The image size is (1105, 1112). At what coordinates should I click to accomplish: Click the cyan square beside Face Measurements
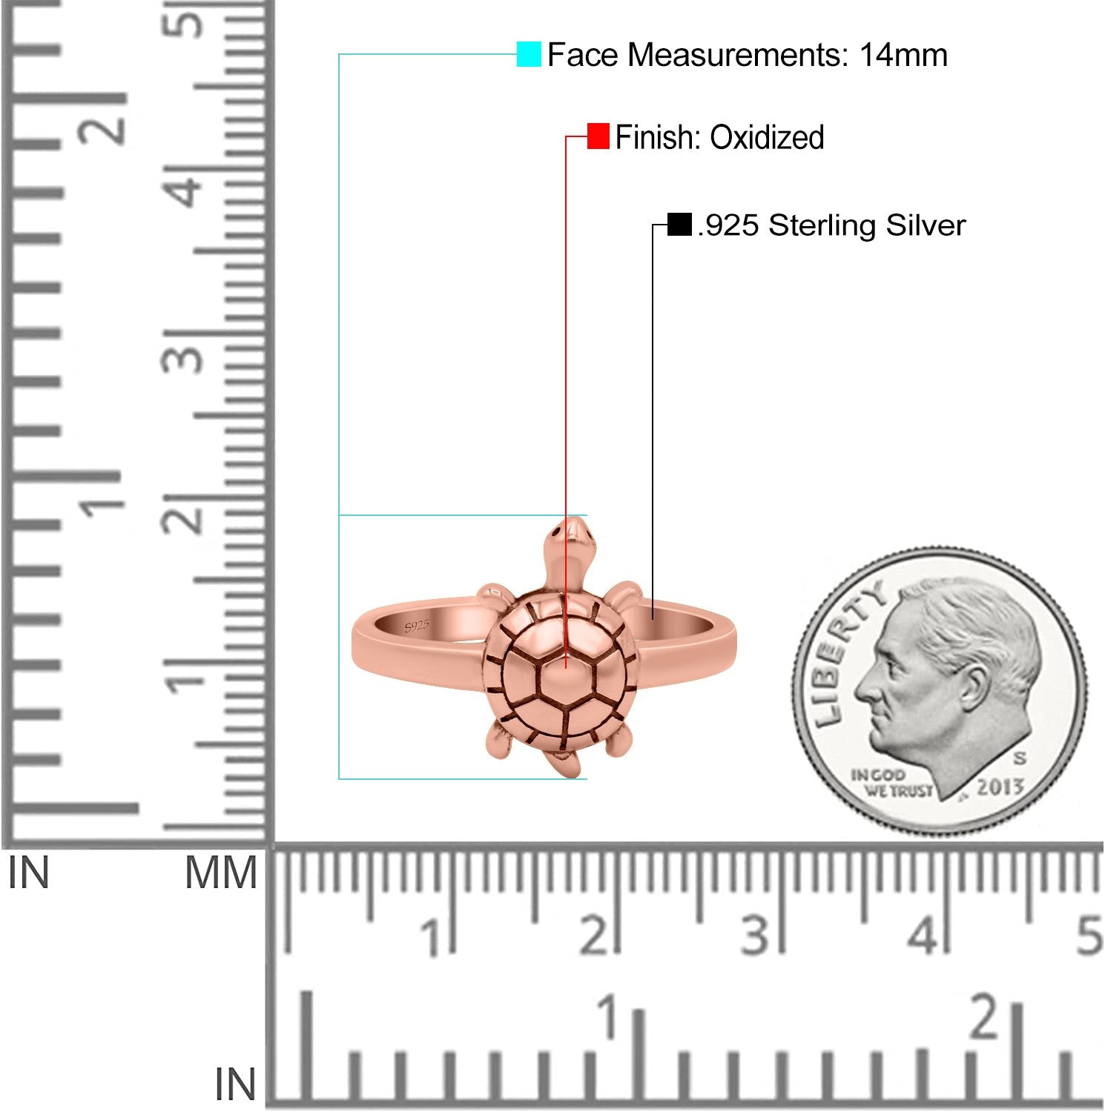[x=529, y=54]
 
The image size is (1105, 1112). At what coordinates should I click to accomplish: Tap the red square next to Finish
[x=598, y=136]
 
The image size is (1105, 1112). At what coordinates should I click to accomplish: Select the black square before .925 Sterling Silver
[x=679, y=224]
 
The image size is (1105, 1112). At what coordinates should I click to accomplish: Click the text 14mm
[x=903, y=55]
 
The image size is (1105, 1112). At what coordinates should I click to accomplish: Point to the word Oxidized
[x=767, y=137]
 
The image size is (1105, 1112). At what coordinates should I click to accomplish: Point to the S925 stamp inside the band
[x=418, y=626]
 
